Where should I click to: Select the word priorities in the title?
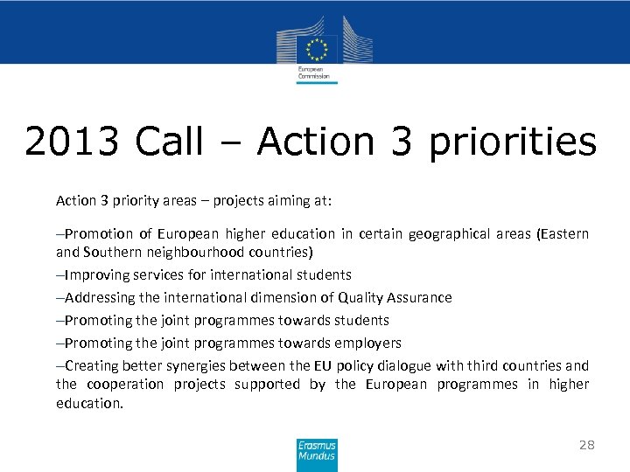(x=512, y=142)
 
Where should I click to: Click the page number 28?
(x=586, y=445)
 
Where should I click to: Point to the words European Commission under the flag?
(x=313, y=73)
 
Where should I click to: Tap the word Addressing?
(x=101, y=297)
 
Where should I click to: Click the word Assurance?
(x=422, y=297)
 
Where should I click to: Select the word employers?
(x=367, y=343)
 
